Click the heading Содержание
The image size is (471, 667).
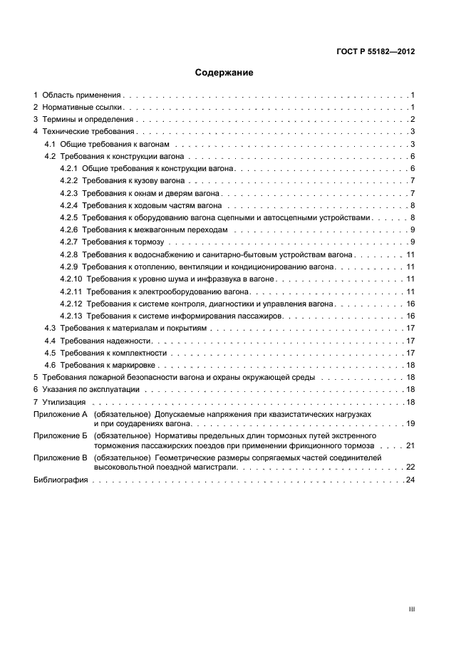[224, 72]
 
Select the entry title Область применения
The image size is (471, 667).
[82, 95]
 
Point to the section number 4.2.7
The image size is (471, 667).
[69, 242]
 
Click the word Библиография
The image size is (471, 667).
[61, 480]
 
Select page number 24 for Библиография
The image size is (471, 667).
[410, 480]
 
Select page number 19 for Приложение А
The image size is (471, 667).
[410, 424]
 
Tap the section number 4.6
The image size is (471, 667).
[51, 365]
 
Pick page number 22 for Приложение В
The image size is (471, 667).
[410, 467]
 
